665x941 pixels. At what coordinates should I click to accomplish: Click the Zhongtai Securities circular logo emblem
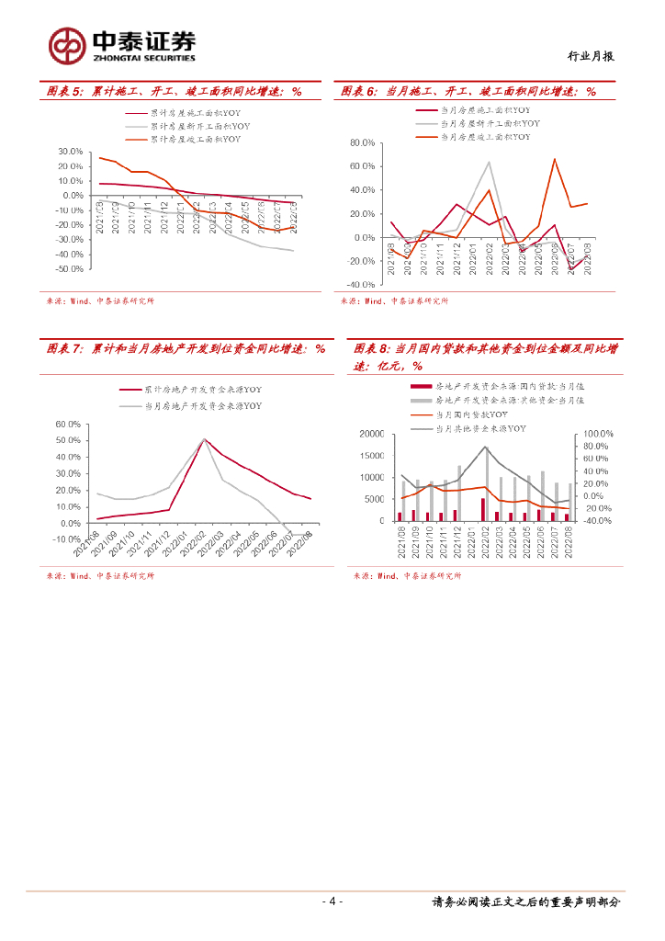68,44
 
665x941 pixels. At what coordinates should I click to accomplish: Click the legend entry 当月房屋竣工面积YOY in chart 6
485,137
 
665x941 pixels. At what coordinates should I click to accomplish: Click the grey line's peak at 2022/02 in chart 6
489,163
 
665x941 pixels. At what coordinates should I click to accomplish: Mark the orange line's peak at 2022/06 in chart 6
555,159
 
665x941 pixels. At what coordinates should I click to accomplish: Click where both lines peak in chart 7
204,439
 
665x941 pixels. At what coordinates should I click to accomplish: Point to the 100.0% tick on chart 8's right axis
599,434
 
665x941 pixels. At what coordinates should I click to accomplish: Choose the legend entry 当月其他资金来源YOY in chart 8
479,428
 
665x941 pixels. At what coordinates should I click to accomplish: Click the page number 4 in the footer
332,901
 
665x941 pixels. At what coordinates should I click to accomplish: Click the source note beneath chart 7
100,576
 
